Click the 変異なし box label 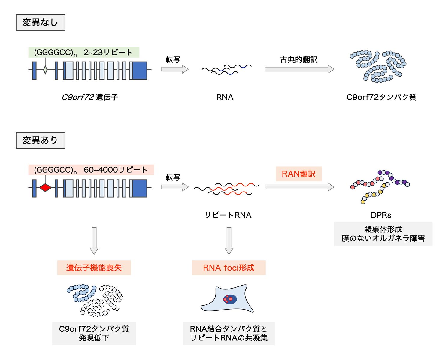40,23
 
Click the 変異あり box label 40,140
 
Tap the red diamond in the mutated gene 45,188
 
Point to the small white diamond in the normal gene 45,70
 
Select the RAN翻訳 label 298,174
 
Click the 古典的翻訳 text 298,60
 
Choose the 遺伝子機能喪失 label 94,268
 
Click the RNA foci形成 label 229,268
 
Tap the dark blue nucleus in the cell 230,299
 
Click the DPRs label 381,215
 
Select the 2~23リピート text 108,52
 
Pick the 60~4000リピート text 116,170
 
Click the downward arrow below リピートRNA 229,241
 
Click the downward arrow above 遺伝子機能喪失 94,241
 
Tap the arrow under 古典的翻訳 299,69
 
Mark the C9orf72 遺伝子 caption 90,97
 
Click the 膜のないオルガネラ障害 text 383,238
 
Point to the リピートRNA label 228,215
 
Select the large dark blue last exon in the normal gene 140,71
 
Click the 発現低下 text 94,338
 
